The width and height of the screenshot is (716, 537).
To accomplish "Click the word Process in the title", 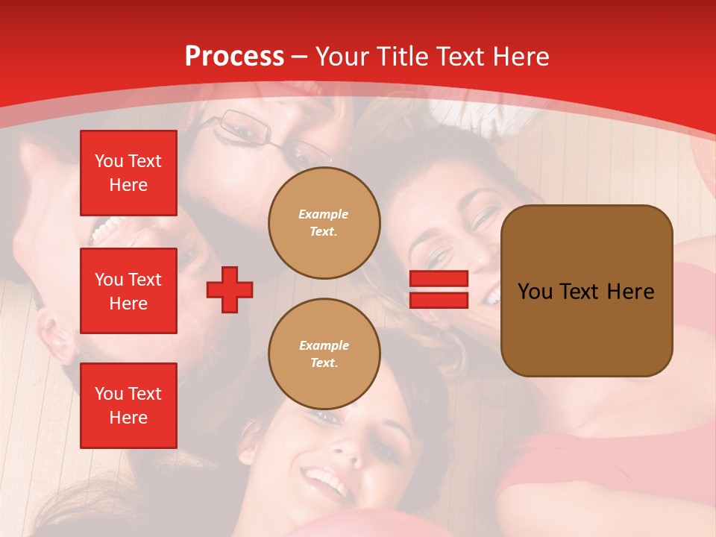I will (234, 57).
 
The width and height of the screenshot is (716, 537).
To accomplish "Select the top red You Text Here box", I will (128, 173).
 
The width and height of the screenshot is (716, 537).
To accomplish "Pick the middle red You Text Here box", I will (128, 291).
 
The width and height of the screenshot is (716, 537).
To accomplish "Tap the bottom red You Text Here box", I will (128, 405).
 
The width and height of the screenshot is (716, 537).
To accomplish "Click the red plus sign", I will (230, 289).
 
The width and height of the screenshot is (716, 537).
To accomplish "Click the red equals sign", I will (439, 289).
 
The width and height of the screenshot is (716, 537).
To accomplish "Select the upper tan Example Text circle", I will (324, 222).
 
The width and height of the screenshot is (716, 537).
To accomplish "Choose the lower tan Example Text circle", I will (324, 354).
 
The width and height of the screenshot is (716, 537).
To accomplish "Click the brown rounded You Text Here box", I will (586, 291).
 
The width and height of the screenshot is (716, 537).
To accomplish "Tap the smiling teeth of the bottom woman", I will (325, 478).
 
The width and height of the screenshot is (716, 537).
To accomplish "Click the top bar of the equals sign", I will (439, 279).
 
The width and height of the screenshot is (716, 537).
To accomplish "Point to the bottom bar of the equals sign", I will (439, 300).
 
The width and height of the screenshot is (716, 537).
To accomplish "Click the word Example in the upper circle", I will (324, 214).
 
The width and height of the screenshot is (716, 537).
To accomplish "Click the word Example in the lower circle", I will (324, 345).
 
